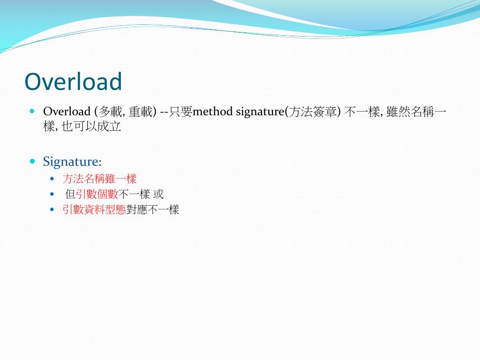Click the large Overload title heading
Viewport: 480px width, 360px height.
pos(73,82)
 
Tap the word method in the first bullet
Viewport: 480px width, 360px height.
pos(213,112)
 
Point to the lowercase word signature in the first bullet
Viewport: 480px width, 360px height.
pos(260,112)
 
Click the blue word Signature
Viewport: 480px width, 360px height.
pos(71,162)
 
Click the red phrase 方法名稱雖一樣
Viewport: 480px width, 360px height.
pos(99,179)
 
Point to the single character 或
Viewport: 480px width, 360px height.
pos(158,194)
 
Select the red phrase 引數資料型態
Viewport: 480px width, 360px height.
pos(94,210)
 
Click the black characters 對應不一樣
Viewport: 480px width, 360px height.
pos(153,210)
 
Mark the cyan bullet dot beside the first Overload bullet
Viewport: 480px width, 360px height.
pos(32,112)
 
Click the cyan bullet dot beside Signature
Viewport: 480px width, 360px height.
pos(32,161)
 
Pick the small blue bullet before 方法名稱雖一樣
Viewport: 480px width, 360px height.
pos(52,179)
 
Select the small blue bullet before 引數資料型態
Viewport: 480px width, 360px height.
pos(52,209)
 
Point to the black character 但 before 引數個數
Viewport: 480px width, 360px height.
pos(70,194)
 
